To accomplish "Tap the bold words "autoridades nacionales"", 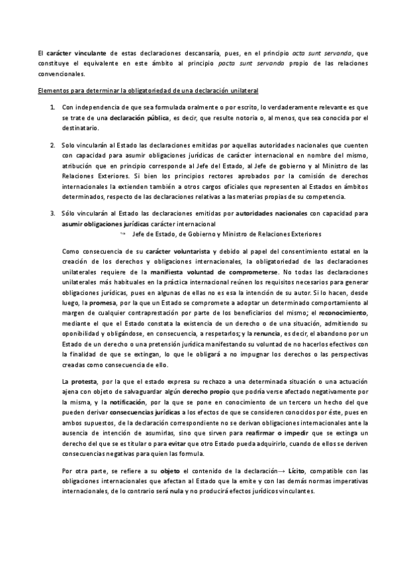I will pos(273,213).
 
